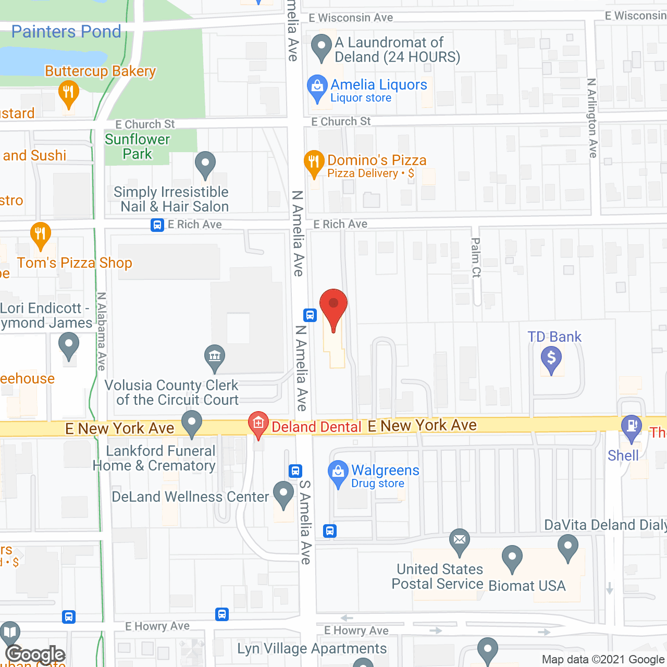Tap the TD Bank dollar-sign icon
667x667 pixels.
click(551, 359)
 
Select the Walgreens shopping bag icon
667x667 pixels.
click(338, 473)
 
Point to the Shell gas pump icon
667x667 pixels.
click(632, 426)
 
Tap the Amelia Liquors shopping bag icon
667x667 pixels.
click(317, 87)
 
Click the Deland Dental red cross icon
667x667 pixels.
click(258, 423)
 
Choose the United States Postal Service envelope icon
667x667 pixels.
click(460, 540)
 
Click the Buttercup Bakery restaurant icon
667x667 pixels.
click(68, 93)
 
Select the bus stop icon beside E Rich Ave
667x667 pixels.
click(157, 225)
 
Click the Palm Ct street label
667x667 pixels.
click(476, 257)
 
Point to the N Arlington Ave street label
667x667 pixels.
click(591, 118)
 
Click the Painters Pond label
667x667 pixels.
click(66, 32)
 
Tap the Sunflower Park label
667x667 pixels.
click(138, 146)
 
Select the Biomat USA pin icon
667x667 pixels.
click(512, 557)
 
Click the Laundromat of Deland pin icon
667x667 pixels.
click(322, 45)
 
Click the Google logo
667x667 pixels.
click(35, 654)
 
